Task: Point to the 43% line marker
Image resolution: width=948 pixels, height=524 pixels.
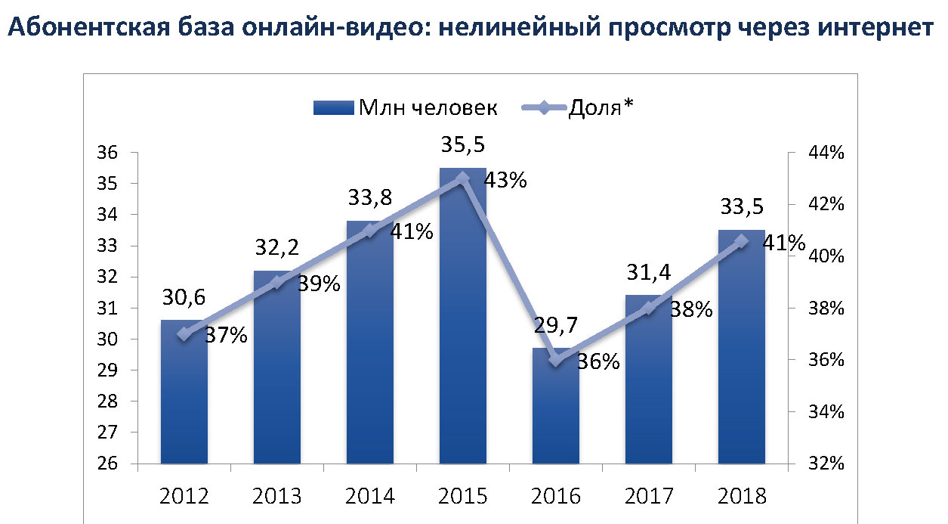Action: [x=463, y=178]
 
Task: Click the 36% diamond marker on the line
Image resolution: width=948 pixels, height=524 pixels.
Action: [x=556, y=360]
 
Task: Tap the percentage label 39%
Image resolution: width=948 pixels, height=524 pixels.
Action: [x=320, y=284]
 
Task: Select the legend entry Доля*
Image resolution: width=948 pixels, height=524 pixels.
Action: [x=600, y=107]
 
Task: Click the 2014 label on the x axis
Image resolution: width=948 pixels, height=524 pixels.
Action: [x=370, y=497]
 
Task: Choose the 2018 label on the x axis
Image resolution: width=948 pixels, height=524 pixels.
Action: [x=741, y=497]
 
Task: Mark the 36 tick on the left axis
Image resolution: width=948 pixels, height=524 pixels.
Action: [x=110, y=153]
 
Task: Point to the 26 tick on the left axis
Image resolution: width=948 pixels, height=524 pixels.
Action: [x=110, y=464]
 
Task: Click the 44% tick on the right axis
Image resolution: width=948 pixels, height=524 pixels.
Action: [x=825, y=153]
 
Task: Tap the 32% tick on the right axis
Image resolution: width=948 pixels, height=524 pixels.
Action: [x=825, y=464]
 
